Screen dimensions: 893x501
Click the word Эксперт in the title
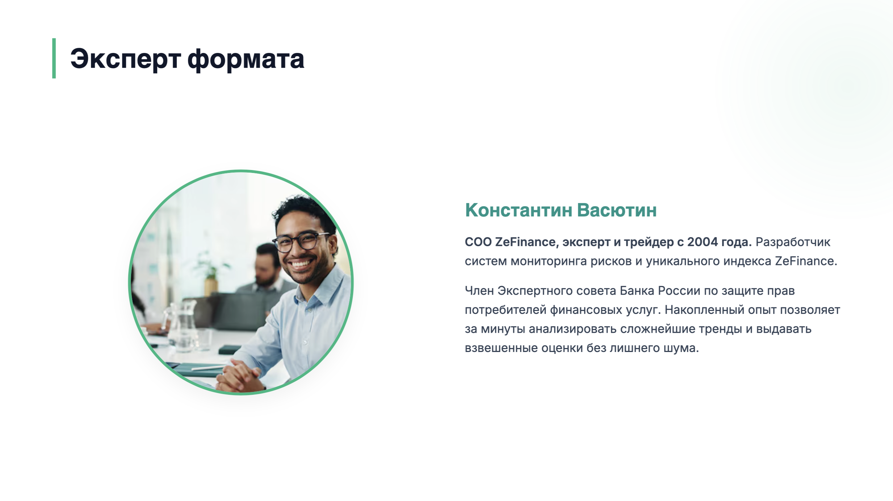[x=125, y=59]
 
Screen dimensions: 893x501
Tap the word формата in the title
[x=246, y=59]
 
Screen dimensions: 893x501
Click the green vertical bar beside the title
[x=54, y=58]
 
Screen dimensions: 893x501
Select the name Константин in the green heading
[x=519, y=210]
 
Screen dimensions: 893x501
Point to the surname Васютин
[x=617, y=210]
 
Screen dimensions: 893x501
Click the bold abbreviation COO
[x=478, y=242]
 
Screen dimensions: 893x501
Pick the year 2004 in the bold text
[x=702, y=242]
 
